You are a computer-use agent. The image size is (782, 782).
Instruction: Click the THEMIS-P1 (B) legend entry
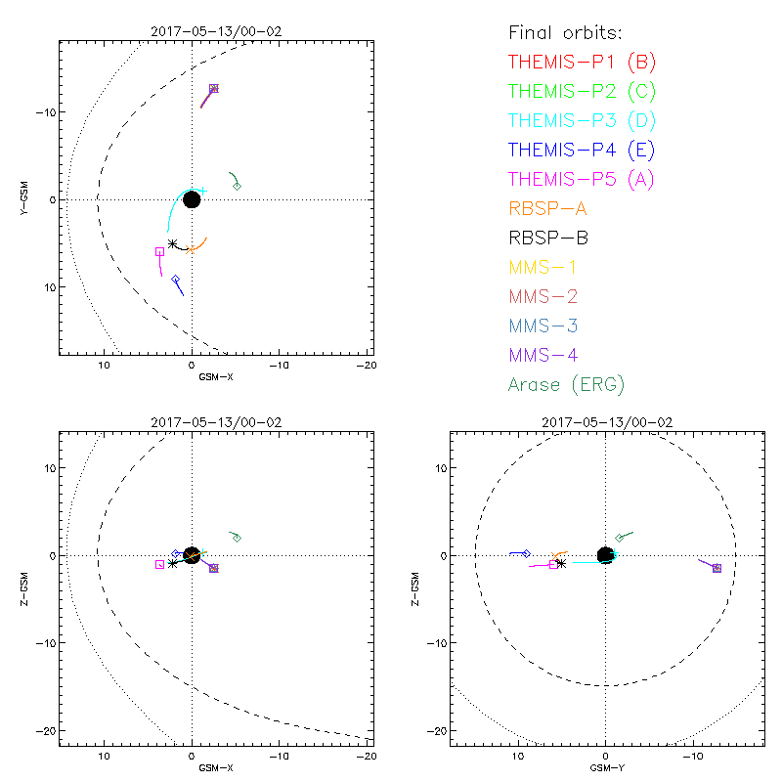582,62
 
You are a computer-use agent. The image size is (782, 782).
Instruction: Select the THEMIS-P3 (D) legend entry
582,120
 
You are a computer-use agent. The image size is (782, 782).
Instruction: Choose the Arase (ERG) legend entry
566,384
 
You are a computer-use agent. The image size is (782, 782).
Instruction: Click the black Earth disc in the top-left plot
192,199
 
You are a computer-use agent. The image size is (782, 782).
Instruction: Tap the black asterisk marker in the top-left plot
173,243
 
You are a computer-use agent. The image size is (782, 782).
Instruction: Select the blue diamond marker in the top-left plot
176,280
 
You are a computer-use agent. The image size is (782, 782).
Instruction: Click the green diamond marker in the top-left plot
237,185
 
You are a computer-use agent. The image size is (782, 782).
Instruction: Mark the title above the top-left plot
216,31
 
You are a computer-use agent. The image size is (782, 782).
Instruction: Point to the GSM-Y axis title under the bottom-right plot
606,767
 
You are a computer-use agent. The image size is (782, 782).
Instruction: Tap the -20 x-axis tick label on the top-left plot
367,366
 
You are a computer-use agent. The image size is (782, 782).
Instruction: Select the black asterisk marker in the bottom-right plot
560,563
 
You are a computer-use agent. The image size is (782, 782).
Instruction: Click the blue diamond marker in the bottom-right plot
526,554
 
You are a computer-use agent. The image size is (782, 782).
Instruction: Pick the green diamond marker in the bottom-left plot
237,538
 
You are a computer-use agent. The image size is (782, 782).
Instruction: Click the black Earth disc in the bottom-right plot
606,555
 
